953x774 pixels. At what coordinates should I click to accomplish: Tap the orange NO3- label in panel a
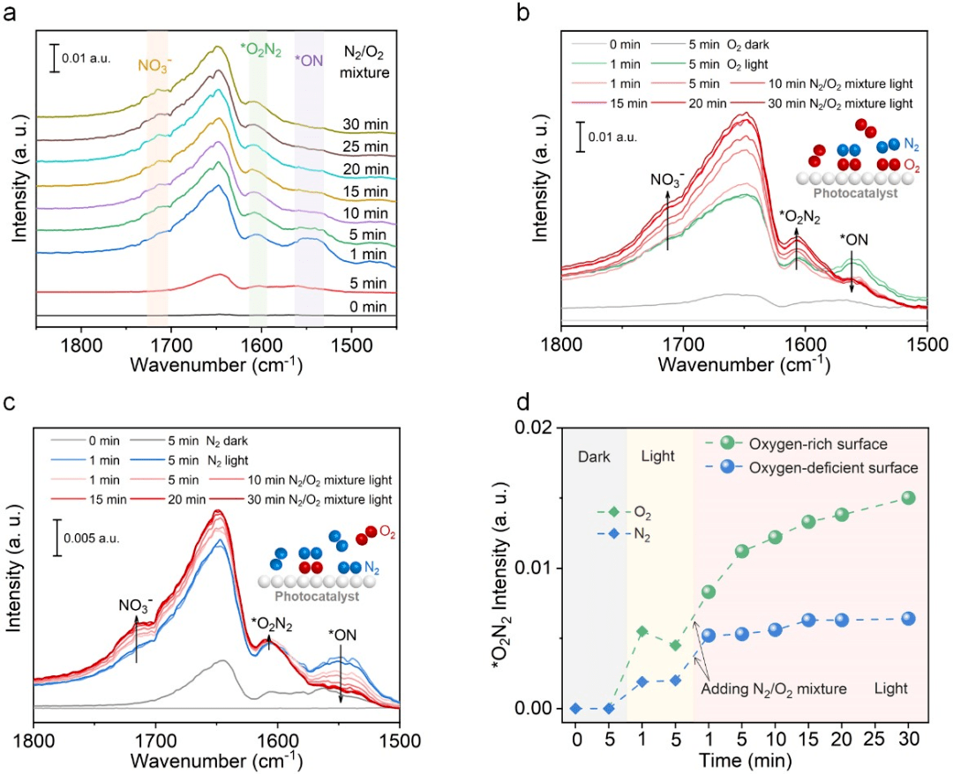[159, 65]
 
